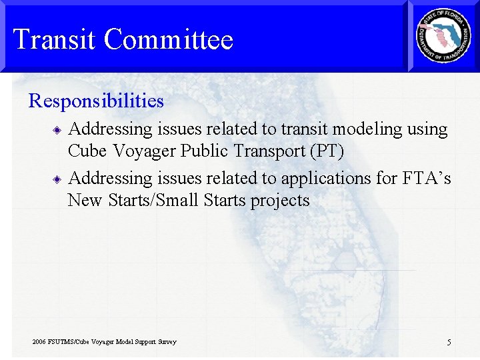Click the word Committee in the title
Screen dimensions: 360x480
click(169, 40)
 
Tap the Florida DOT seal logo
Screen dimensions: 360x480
click(443, 36)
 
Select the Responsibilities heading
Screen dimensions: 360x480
click(96, 101)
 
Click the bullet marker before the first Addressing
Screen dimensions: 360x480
click(58, 129)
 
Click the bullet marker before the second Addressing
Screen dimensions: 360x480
click(58, 179)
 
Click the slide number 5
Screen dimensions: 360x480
click(449, 343)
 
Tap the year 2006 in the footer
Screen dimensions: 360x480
click(39, 342)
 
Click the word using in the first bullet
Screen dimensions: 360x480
click(428, 129)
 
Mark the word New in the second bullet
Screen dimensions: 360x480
click(85, 201)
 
